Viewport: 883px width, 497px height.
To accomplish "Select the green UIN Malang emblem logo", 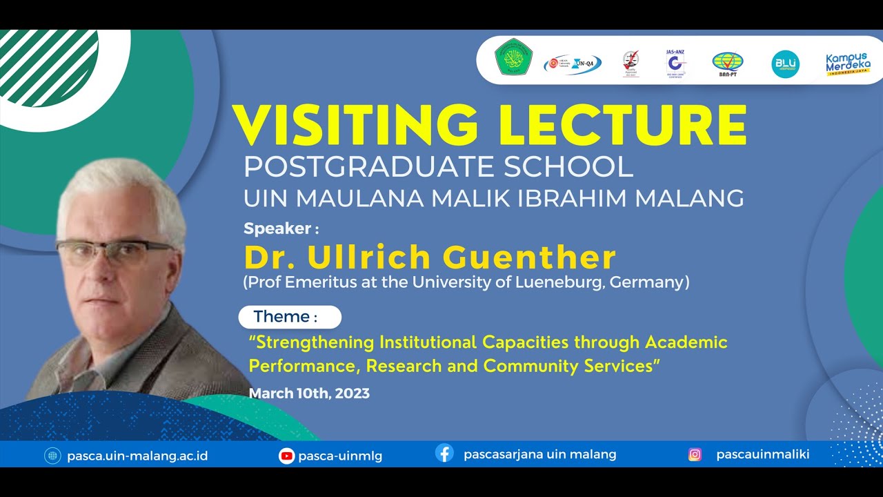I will tap(514, 57).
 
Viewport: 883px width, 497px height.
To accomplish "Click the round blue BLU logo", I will tap(785, 64).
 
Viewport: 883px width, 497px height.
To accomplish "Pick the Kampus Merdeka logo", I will tap(848, 64).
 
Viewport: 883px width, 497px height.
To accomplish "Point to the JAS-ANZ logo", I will tap(676, 64).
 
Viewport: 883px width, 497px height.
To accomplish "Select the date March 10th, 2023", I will tap(309, 393).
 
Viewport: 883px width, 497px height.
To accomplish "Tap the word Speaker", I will tap(278, 228).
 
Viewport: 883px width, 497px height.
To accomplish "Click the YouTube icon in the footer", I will tap(286, 456).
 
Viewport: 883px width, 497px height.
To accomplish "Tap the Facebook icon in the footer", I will tap(445, 454).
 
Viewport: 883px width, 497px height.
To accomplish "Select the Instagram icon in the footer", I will tap(695, 455).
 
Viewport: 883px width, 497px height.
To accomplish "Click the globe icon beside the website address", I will tap(52, 456).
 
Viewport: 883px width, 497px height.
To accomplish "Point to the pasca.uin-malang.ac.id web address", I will tap(137, 456).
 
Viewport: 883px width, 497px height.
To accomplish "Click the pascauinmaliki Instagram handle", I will tap(762, 454).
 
